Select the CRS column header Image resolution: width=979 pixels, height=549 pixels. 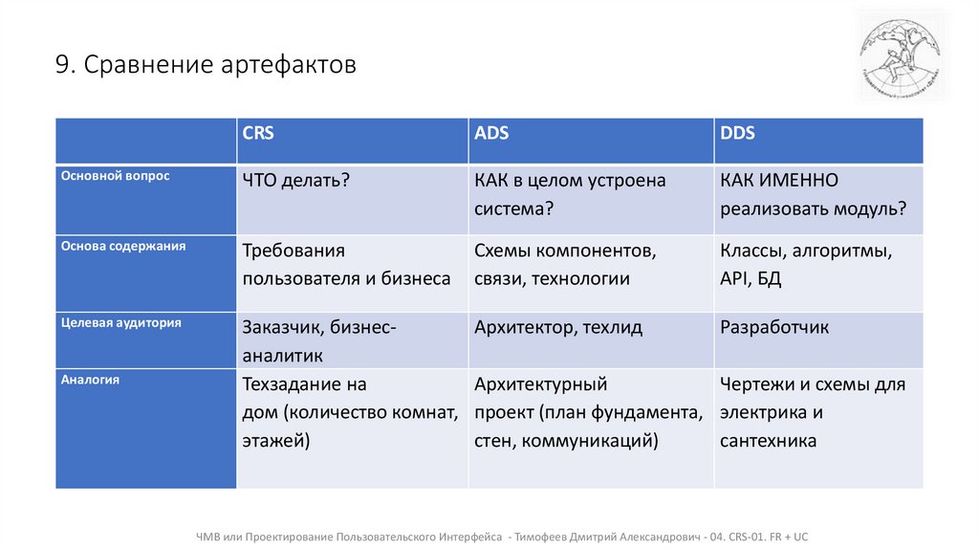click(x=258, y=134)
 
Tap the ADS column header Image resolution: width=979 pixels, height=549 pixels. click(x=491, y=134)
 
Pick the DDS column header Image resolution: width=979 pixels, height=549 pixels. click(x=737, y=134)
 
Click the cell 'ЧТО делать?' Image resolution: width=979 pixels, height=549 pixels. click(x=295, y=181)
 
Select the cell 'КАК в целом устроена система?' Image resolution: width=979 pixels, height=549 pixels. click(x=570, y=194)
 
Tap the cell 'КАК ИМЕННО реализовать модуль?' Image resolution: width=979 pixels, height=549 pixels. click(x=813, y=194)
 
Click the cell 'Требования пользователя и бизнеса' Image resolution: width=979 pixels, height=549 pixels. click(x=346, y=265)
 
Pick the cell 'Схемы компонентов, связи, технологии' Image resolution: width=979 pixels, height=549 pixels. click(x=565, y=265)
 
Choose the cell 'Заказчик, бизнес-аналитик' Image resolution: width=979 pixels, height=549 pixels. click(x=319, y=340)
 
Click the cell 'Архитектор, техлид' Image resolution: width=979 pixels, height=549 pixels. click(x=558, y=328)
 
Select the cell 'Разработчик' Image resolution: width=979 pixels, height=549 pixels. click(x=774, y=328)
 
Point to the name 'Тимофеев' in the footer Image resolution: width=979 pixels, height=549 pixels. click(x=544, y=536)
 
